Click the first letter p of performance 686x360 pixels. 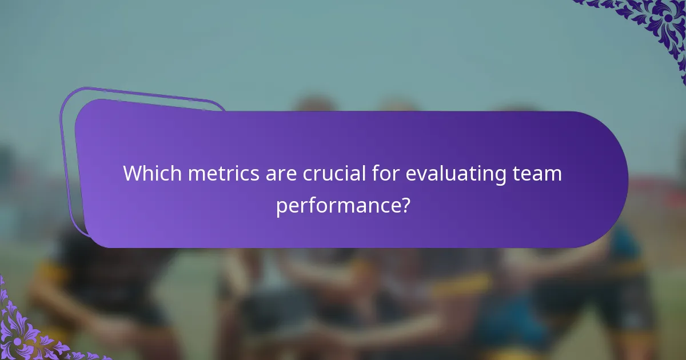pyautogui.click(x=281, y=207)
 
